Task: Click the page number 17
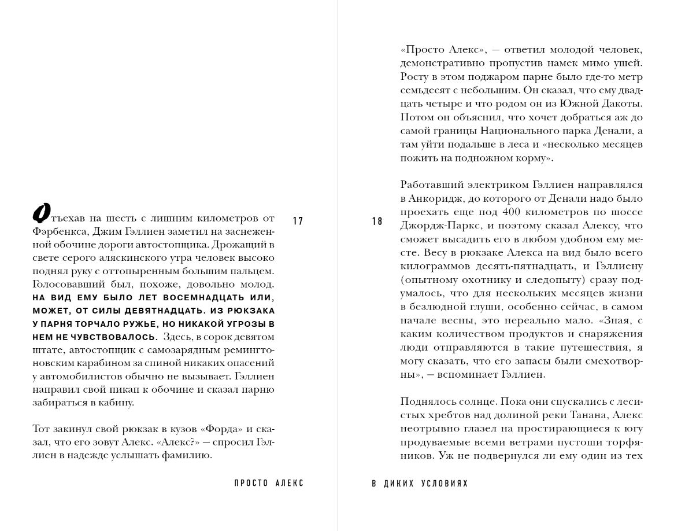[x=298, y=221]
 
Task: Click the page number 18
[x=377, y=221]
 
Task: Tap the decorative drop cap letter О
[x=40, y=215]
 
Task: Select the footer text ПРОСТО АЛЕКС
[x=269, y=484]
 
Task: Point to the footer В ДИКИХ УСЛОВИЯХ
[x=420, y=484]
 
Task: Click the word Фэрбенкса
[x=58, y=231]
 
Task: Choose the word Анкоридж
[x=434, y=198]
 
